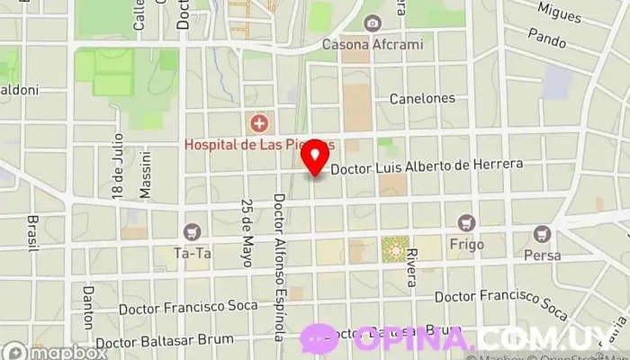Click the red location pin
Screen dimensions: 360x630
click(x=315, y=158)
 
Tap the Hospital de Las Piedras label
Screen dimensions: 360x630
click(x=259, y=144)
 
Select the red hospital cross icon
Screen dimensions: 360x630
click(x=259, y=122)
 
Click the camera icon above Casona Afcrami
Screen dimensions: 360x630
click(x=372, y=22)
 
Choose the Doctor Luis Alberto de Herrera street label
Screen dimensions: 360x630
click(x=439, y=167)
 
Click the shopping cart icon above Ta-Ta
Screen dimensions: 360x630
click(x=192, y=232)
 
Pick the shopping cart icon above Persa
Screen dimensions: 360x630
click(x=542, y=234)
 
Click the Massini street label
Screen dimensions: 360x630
click(x=145, y=174)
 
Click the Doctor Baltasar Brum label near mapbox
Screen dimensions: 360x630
click(x=165, y=341)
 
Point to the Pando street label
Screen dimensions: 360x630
click(x=546, y=40)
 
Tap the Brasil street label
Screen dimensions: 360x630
click(x=33, y=232)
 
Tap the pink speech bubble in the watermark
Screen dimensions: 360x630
click(x=319, y=339)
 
